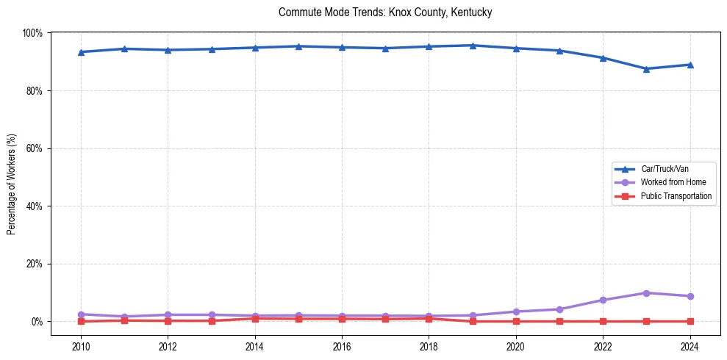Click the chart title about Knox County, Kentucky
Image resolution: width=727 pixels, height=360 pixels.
(385, 12)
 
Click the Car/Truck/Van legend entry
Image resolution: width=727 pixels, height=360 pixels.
(665, 168)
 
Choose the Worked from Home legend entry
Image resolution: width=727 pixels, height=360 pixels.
(673, 182)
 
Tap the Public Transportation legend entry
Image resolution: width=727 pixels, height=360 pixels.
(676, 196)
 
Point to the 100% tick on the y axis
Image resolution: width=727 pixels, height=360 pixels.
(32, 33)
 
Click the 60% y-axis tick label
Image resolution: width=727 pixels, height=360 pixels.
(34, 148)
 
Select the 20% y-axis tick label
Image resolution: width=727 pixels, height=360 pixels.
(34, 264)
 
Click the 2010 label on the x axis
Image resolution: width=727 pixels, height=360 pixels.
(81, 346)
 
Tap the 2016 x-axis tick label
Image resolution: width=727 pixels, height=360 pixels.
(342, 346)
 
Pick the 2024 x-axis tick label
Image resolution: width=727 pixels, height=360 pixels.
(690, 346)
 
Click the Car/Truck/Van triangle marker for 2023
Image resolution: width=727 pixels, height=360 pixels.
(646, 69)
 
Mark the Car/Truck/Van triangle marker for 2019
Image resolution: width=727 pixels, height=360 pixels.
(473, 46)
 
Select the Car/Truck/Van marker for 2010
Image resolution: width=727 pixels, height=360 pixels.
(81, 52)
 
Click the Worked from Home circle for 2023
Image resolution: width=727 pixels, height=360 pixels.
(646, 293)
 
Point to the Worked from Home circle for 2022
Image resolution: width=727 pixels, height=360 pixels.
(603, 300)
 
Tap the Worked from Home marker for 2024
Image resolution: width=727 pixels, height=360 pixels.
(690, 296)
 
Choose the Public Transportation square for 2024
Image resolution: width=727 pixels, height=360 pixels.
(690, 321)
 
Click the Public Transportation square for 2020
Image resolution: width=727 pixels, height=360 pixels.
(516, 321)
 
